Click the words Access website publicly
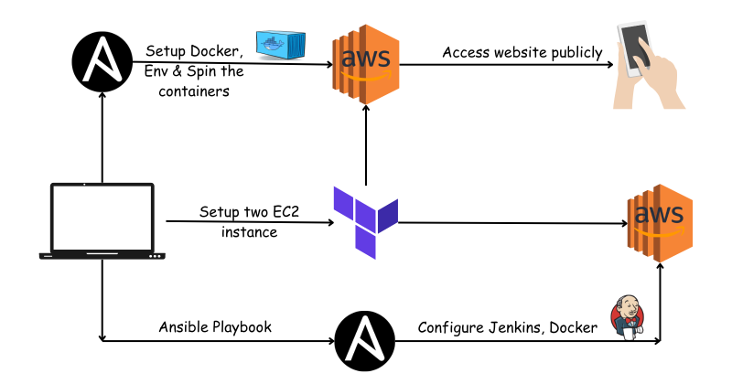click(522, 52)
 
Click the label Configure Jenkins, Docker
click(509, 326)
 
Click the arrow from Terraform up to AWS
click(365, 146)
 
